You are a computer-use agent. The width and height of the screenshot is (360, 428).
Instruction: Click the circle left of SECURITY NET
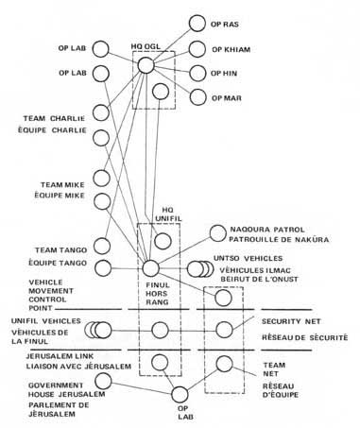[x=224, y=330]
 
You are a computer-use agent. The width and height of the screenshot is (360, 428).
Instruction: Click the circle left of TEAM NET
[x=224, y=363]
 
